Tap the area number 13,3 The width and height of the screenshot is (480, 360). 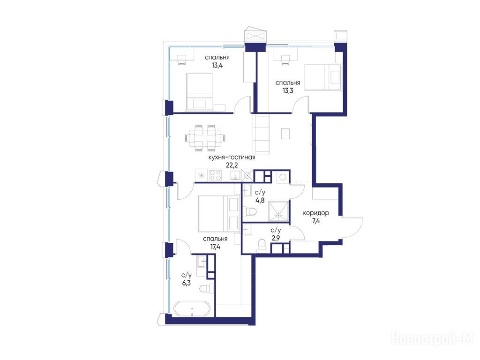(x=287, y=90)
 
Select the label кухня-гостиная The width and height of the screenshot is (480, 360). (x=232, y=157)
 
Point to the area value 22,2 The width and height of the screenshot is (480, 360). (x=232, y=165)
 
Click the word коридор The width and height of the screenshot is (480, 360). (x=316, y=213)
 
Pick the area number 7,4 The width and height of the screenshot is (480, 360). (x=316, y=220)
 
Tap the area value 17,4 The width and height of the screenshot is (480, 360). (x=215, y=247)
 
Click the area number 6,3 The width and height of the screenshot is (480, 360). (x=187, y=283)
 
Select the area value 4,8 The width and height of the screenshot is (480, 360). (x=260, y=201)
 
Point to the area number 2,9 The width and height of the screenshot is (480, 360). (x=276, y=238)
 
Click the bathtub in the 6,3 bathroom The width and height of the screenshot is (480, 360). (x=192, y=309)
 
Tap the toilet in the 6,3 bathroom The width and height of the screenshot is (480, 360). (x=206, y=289)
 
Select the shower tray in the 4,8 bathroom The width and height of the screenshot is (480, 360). (x=278, y=211)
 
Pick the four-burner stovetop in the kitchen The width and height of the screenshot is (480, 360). (x=215, y=175)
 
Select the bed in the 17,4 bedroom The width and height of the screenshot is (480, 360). (x=219, y=213)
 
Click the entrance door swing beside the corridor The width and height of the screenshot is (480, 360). (x=352, y=227)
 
